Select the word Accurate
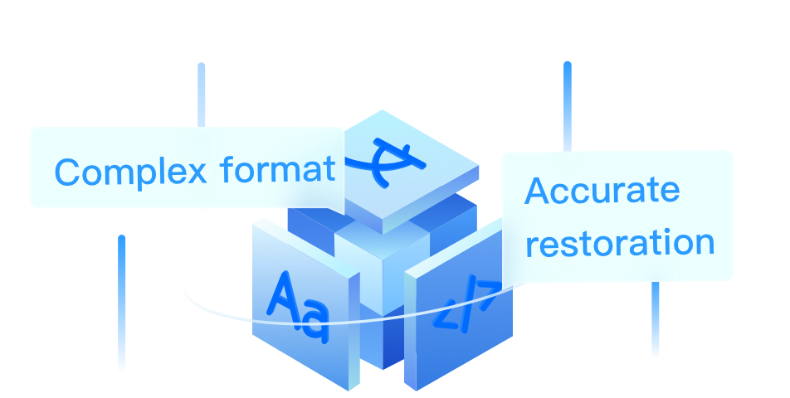tap(602, 192)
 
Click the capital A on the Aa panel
tap(282, 297)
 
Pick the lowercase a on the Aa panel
tap(315, 321)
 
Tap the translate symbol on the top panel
tap(385, 159)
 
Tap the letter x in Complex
tap(196, 172)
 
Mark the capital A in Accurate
tap(538, 192)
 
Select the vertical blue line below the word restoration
tap(655, 319)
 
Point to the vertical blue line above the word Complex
tap(201, 94)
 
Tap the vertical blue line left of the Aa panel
tap(122, 303)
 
